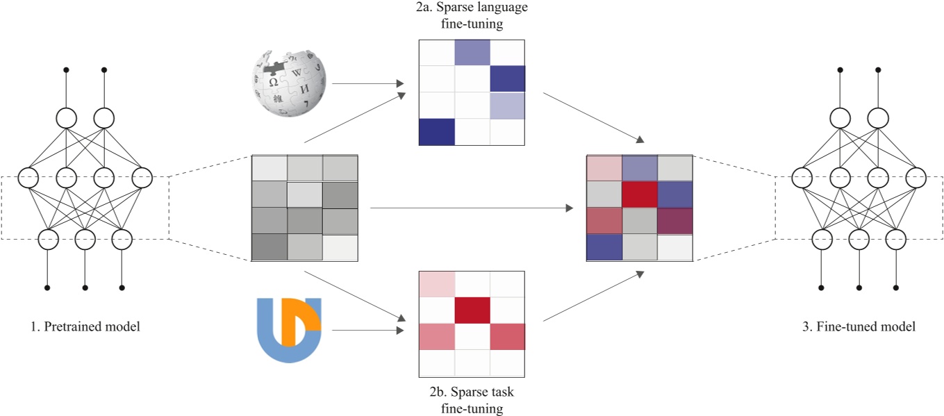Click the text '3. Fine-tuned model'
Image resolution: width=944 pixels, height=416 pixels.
[x=859, y=326]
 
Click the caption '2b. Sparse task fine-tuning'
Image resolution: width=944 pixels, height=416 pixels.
[x=472, y=400]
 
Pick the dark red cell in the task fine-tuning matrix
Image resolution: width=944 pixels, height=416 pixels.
[x=472, y=310]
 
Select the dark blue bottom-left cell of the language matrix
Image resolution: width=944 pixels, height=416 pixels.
[x=437, y=132]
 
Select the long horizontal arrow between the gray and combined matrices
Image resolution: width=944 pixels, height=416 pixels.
[x=472, y=208]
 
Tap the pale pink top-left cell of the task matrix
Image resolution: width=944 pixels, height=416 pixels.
[x=437, y=283]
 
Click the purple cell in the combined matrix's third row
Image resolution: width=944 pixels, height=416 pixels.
[x=674, y=222]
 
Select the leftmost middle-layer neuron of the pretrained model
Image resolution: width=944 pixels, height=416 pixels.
[x=29, y=178]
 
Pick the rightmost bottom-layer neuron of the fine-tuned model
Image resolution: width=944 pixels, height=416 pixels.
[x=895, y=240]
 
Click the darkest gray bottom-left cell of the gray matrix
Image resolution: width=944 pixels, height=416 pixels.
[x=268, y=247]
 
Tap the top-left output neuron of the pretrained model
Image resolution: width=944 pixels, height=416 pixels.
[x=67, y=117]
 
